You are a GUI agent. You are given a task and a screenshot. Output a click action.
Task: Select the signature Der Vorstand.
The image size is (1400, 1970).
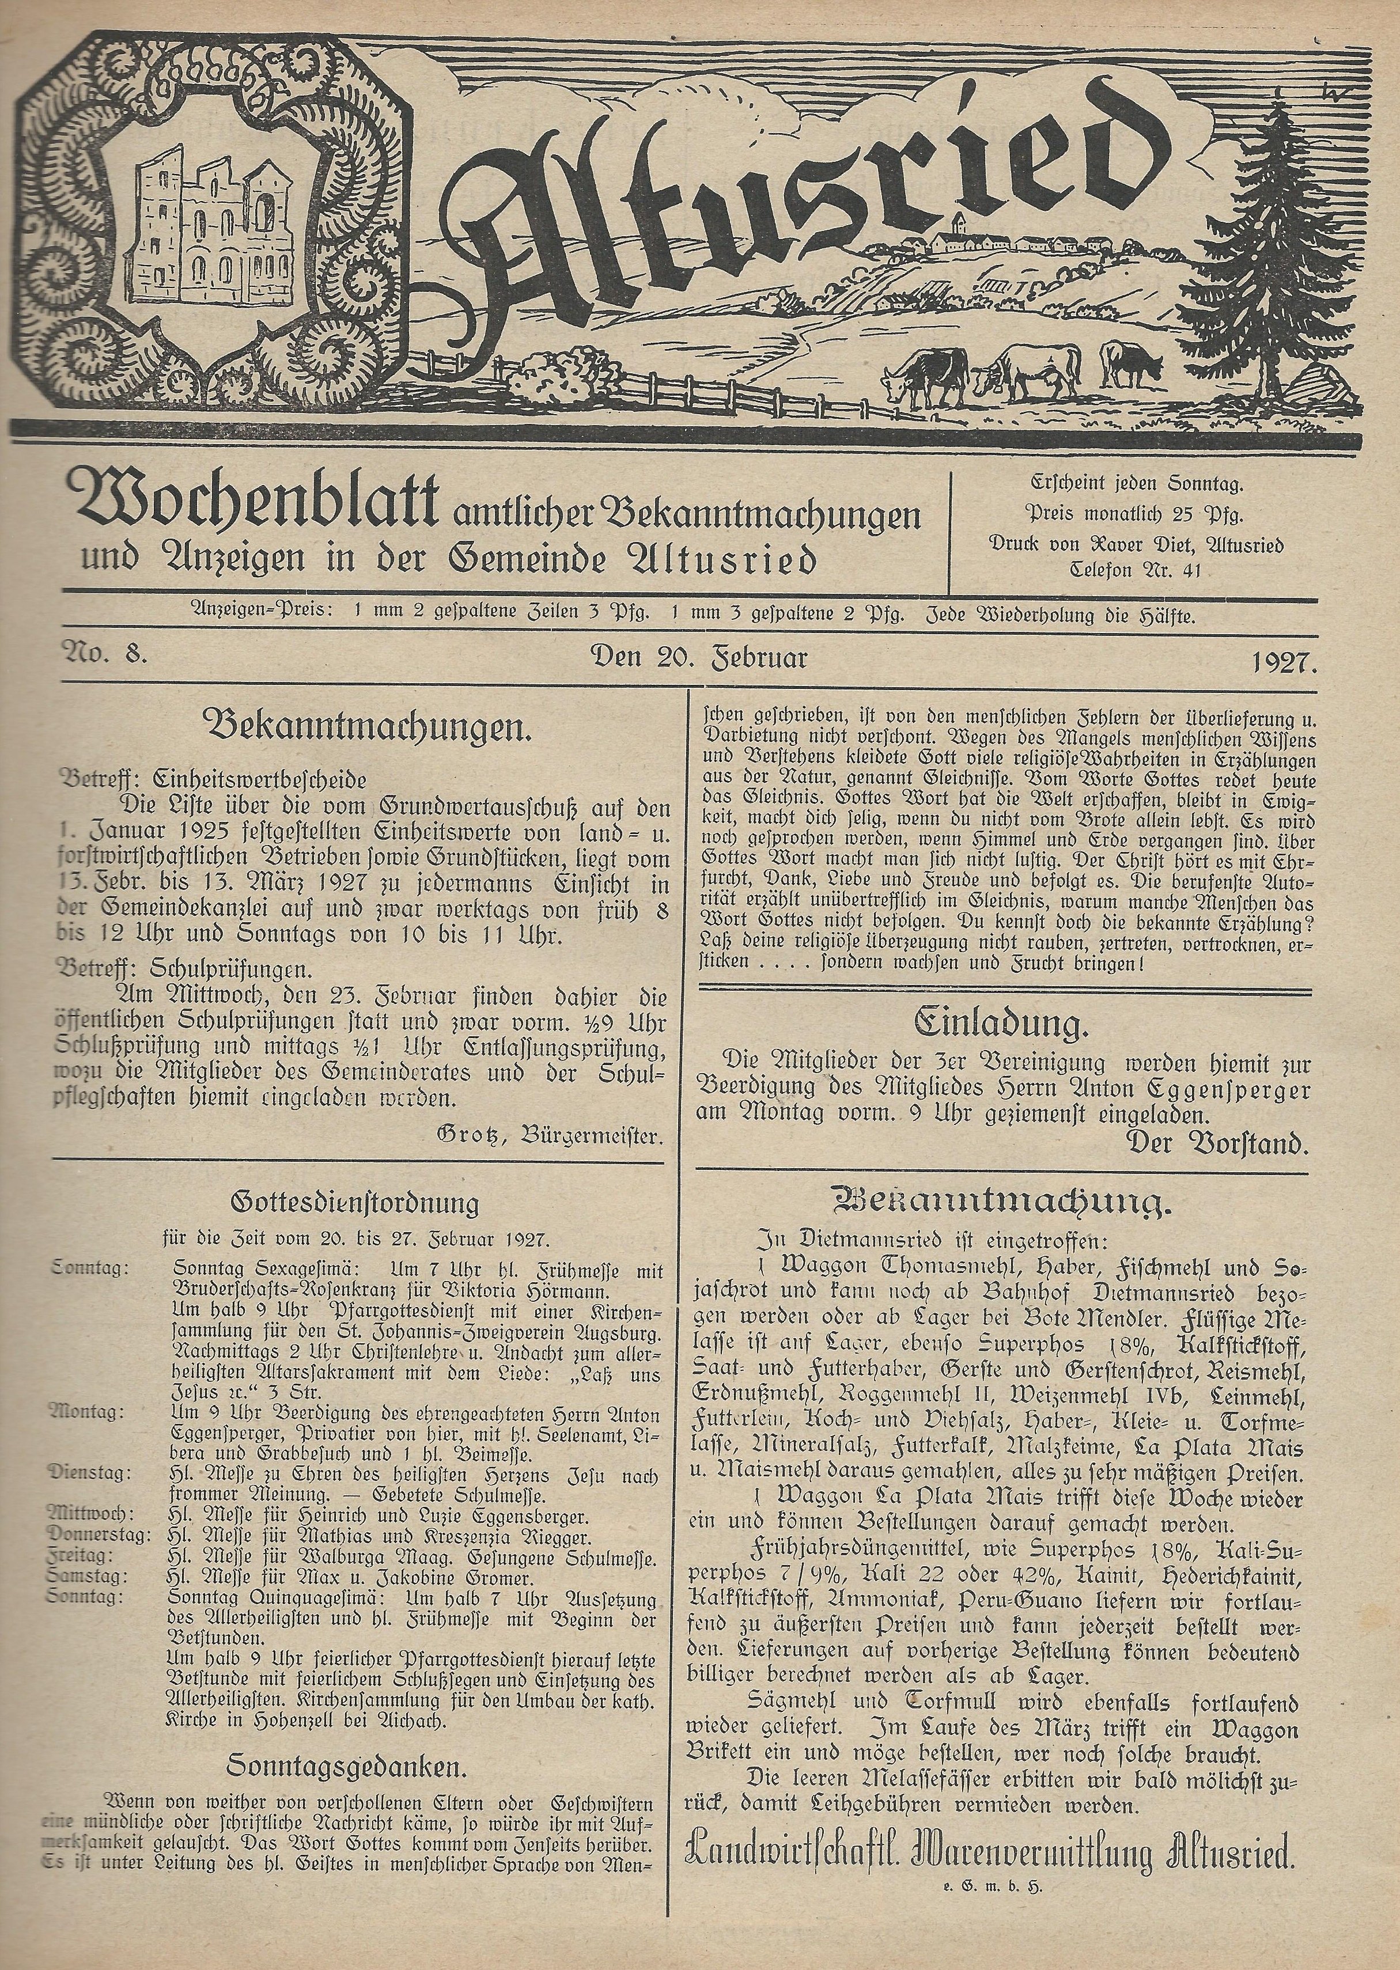point(1217,1145)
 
